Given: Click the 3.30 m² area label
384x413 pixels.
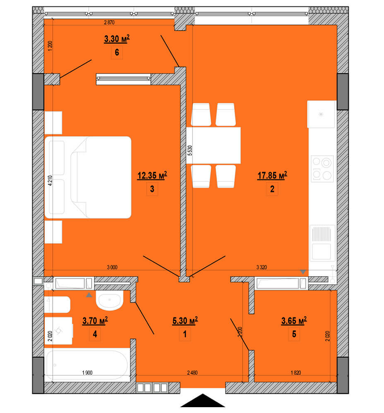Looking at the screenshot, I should (117, 40).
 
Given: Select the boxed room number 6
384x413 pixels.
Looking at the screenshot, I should (117, 53).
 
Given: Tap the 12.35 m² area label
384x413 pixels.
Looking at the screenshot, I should (152, 175).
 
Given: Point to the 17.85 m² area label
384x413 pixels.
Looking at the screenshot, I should (272, 175).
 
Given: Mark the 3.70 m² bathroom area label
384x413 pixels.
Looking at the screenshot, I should (94, 321).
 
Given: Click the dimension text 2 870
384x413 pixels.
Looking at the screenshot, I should (109, 22).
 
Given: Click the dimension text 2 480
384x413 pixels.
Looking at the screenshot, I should (192, 372).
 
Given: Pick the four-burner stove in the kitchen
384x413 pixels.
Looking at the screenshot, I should (323, 168).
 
